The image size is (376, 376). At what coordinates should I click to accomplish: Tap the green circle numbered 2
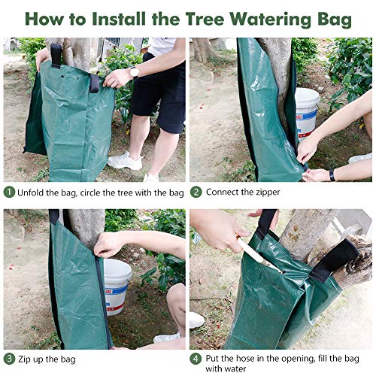point(196,193)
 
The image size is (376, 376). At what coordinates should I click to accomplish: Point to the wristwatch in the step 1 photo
point(134,72)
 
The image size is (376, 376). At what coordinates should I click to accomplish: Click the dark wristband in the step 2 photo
point(332,174)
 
